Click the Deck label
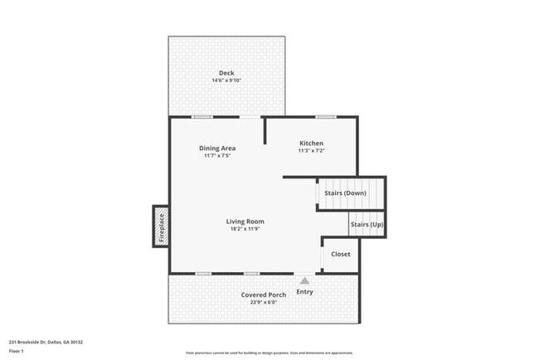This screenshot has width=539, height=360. point(226,73)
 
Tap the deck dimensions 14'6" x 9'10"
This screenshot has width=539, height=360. point(226,80)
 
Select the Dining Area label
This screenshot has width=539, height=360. point(217,148)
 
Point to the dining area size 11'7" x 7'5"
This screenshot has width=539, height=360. point(217,156)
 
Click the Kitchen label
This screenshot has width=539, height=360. point(311,144)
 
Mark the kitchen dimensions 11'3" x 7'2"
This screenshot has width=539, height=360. point(311,151)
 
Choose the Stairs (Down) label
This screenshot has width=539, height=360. point(345,193)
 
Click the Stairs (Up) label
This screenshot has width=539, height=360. point(367,224)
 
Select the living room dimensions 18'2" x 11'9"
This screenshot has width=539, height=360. point(245,229)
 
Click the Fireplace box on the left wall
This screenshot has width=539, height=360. point(162,226)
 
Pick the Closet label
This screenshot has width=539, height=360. point(341,254)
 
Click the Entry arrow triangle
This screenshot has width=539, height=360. point(304,281)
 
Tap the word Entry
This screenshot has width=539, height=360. point(304,292)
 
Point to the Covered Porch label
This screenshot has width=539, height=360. point(264,295)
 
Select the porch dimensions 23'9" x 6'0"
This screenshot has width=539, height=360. point(264,303)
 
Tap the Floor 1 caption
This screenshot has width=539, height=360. point(17,350)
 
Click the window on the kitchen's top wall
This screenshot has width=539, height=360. point(326,116)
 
